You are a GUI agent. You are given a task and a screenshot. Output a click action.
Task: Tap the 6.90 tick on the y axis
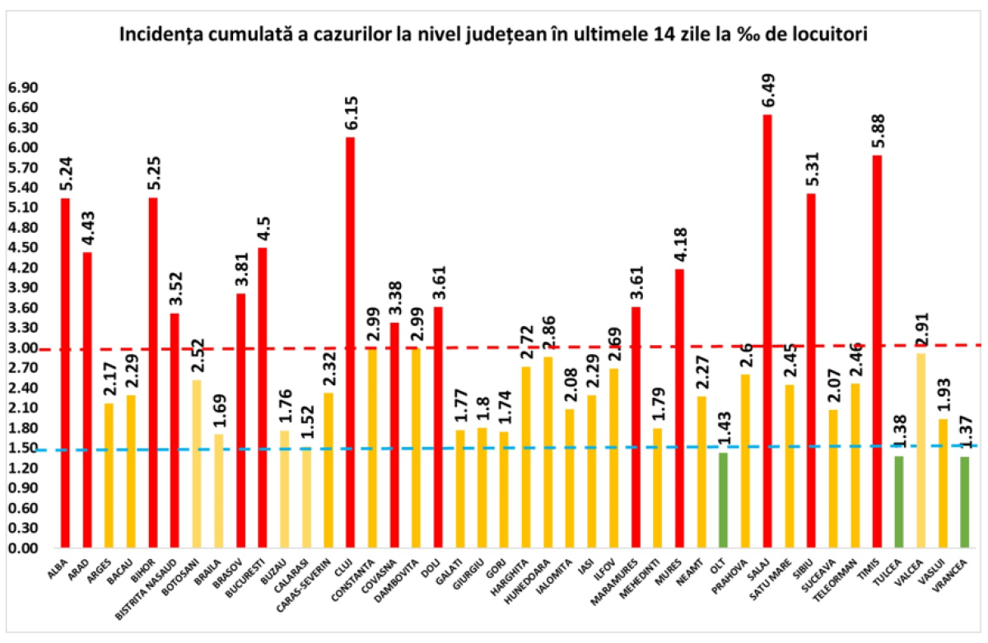click(x=22, y=88)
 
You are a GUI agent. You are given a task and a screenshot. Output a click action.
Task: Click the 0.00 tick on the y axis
click(x=22, y=548)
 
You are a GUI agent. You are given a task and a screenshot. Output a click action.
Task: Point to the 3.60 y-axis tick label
click(x=22, y=308)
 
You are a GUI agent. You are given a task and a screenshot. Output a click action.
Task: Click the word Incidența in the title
click(x=160, y=35)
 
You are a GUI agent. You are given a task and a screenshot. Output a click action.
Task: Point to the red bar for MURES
click(x=679, y=408)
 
